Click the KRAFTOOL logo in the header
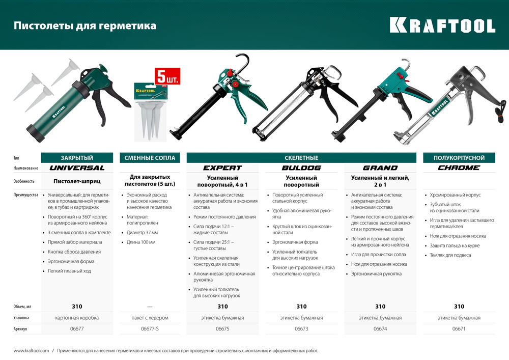pyautogui.click(x=442, y=25)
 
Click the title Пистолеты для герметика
pyautogui.click(x=85, y=25)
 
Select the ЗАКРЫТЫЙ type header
pyautogui.click(x=76, y=158)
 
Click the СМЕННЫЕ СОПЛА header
pyautogui.click(x=150, y=158)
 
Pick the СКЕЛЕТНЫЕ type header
pyautogui.click(x=301, y=158)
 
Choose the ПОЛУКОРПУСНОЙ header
pyautogui.click(x=459, y=158)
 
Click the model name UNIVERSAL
pyautogui.click(x=76, y=168)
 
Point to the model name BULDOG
pyautogui.click(x=301, y=168)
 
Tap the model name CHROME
pyautogui.click(x=459, y=168)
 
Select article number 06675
pyautogui.click(x=222, y=329)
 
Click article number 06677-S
pyautogui.click(x=150, y=329)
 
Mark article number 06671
pyautogui.click(x=459, y=329)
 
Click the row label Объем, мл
pyautogui.click(x=22, y=307)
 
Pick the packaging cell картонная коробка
pyautogui.click(x=76, y=318)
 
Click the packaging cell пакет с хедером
pyautogui.click(x=150, y=318)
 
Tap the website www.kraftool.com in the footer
pyautogui.click(x=31, y=350)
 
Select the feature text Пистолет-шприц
pyautogui.click(x=76, y=181)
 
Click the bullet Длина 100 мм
pyautogui.click(x=141, y=242)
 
